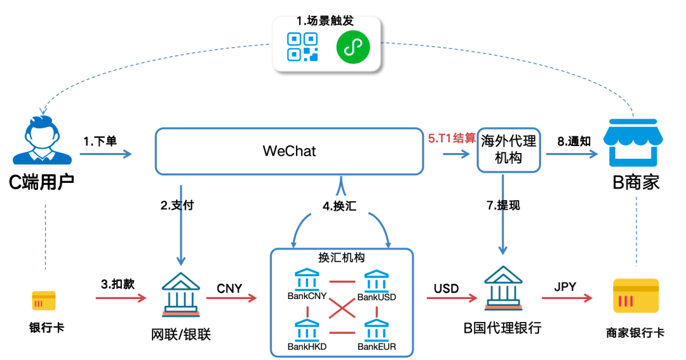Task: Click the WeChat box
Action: pyautogui.click(x=290, y=151)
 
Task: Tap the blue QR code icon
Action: pyautogui.click(x=302, y=47)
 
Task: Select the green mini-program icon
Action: pyautogui.click(x=352, y=47)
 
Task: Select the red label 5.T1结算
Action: pyautogui.click(x=451, y=138)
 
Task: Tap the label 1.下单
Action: pyautogui.click(x=100, y=141)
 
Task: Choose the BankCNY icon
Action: pyautogui.click(x=307, y=279)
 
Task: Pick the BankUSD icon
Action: pyautogui.click(x=377, y=279)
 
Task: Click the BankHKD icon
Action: pyautogui.click(x=307, y=330)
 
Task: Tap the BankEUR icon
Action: pyautogui.click(x=377, y=330)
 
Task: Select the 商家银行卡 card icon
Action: pyautogui.click(x=635, y=296)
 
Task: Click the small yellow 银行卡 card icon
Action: pyautogui.click(x=44, y=301)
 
